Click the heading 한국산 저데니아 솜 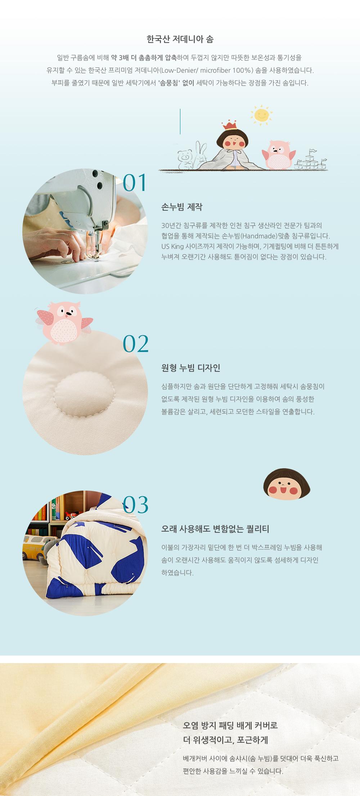180,39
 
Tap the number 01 135,183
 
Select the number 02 136,344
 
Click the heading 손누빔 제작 182,207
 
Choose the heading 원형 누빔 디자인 191,368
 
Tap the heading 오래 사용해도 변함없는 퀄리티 215,529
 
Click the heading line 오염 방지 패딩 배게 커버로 230,725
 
